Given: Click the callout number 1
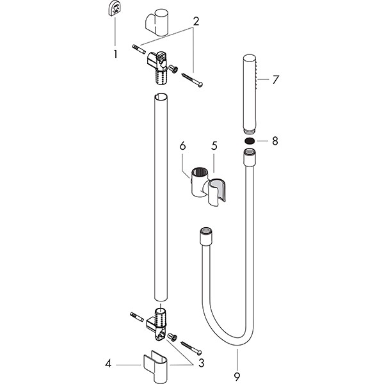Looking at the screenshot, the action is [x=115, y=54].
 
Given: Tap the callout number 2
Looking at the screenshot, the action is [x=196, y=22].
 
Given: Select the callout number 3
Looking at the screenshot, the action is [x=201, y=363].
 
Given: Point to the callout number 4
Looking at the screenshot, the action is [x=108, y=364].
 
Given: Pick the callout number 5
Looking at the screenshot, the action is [x=214, y=146].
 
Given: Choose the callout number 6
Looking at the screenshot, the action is [x=182, y=146].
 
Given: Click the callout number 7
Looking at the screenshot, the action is [x=275, y=80].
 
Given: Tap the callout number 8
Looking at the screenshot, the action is [x=275, y=141].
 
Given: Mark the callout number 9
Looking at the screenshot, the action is [x=237, y=377].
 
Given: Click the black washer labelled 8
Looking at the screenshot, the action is [x=250, y=141].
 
